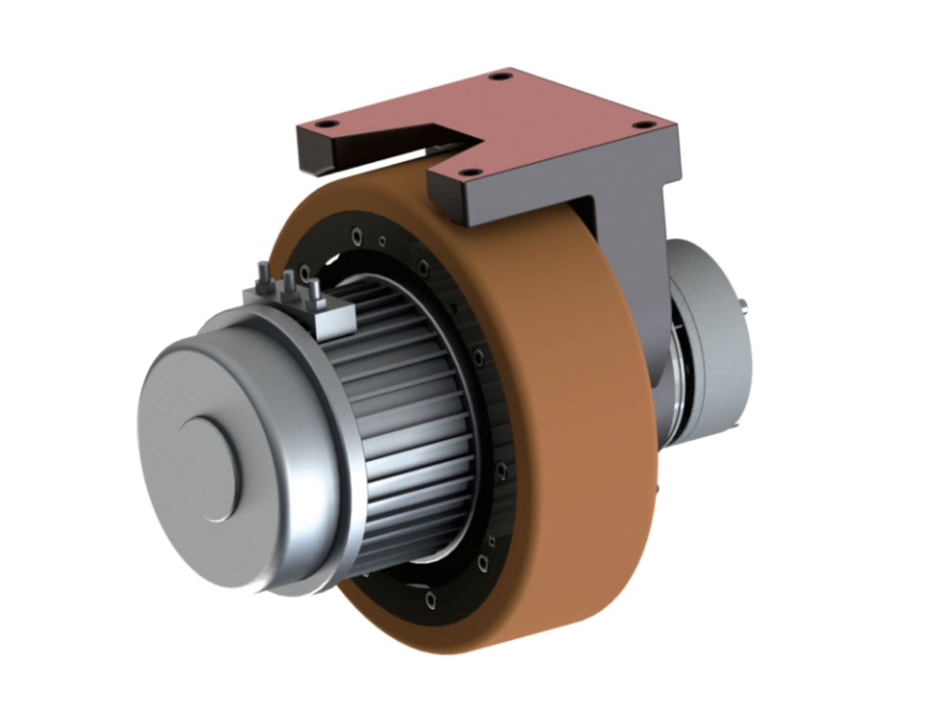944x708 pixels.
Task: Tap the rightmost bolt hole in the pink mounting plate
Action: [643, 125]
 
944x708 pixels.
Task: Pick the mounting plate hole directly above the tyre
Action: [469, 171]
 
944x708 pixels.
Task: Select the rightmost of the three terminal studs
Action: [314, 289]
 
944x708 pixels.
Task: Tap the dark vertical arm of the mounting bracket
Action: [629, 260]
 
